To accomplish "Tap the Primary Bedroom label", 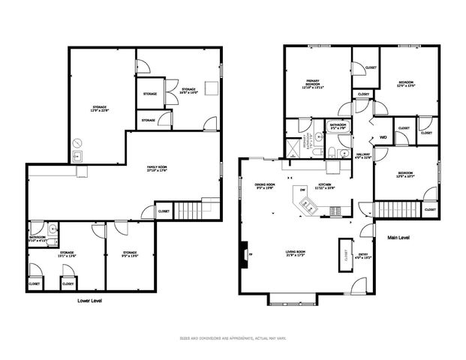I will click(313, 84).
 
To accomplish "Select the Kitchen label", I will click(325, 184).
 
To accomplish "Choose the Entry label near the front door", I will click(363, 256).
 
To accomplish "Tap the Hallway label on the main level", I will click(362, 156).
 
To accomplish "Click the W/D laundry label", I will click(383, 138).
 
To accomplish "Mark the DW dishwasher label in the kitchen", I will click(302, 190).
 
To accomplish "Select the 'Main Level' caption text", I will click(398, 238).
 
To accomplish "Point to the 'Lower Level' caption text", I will click(89, 300).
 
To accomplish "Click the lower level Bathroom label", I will click(38, 238).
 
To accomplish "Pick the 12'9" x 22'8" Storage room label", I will click(95, 109).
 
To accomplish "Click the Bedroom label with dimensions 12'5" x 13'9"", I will click(406, 84).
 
